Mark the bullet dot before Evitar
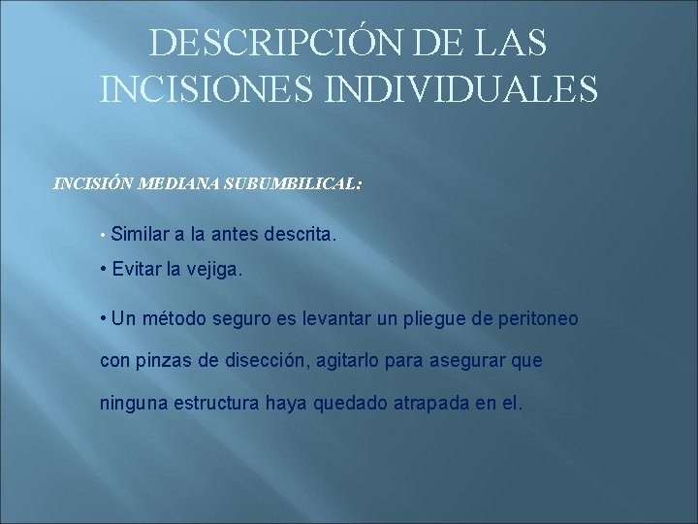[104, 270]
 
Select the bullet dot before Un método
[104, 318]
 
